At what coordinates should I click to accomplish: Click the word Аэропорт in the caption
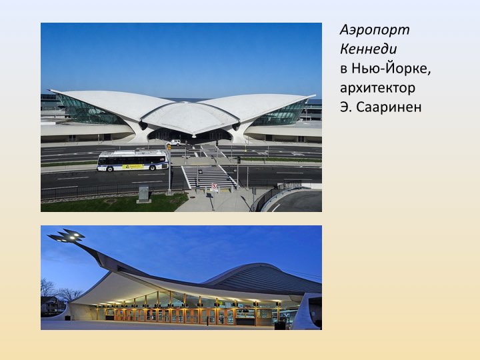[375, 31]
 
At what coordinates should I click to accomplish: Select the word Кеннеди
[368, 49]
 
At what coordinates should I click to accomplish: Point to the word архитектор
[378, 88]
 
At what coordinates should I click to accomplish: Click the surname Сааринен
[389, 107]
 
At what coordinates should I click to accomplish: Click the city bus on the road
[133, 161]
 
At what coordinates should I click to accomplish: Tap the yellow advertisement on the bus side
[133, 167]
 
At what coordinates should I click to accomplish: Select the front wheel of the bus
[153, 167]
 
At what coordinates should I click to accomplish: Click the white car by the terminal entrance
[173, 143]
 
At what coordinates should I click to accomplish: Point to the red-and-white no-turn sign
[214, 187]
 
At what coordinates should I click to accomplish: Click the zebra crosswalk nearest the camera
[208, 177]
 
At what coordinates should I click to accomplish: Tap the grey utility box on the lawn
[143, 194]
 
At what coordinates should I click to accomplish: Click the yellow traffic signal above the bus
[169, 147]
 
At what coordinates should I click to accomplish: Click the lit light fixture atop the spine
[66, 236]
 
